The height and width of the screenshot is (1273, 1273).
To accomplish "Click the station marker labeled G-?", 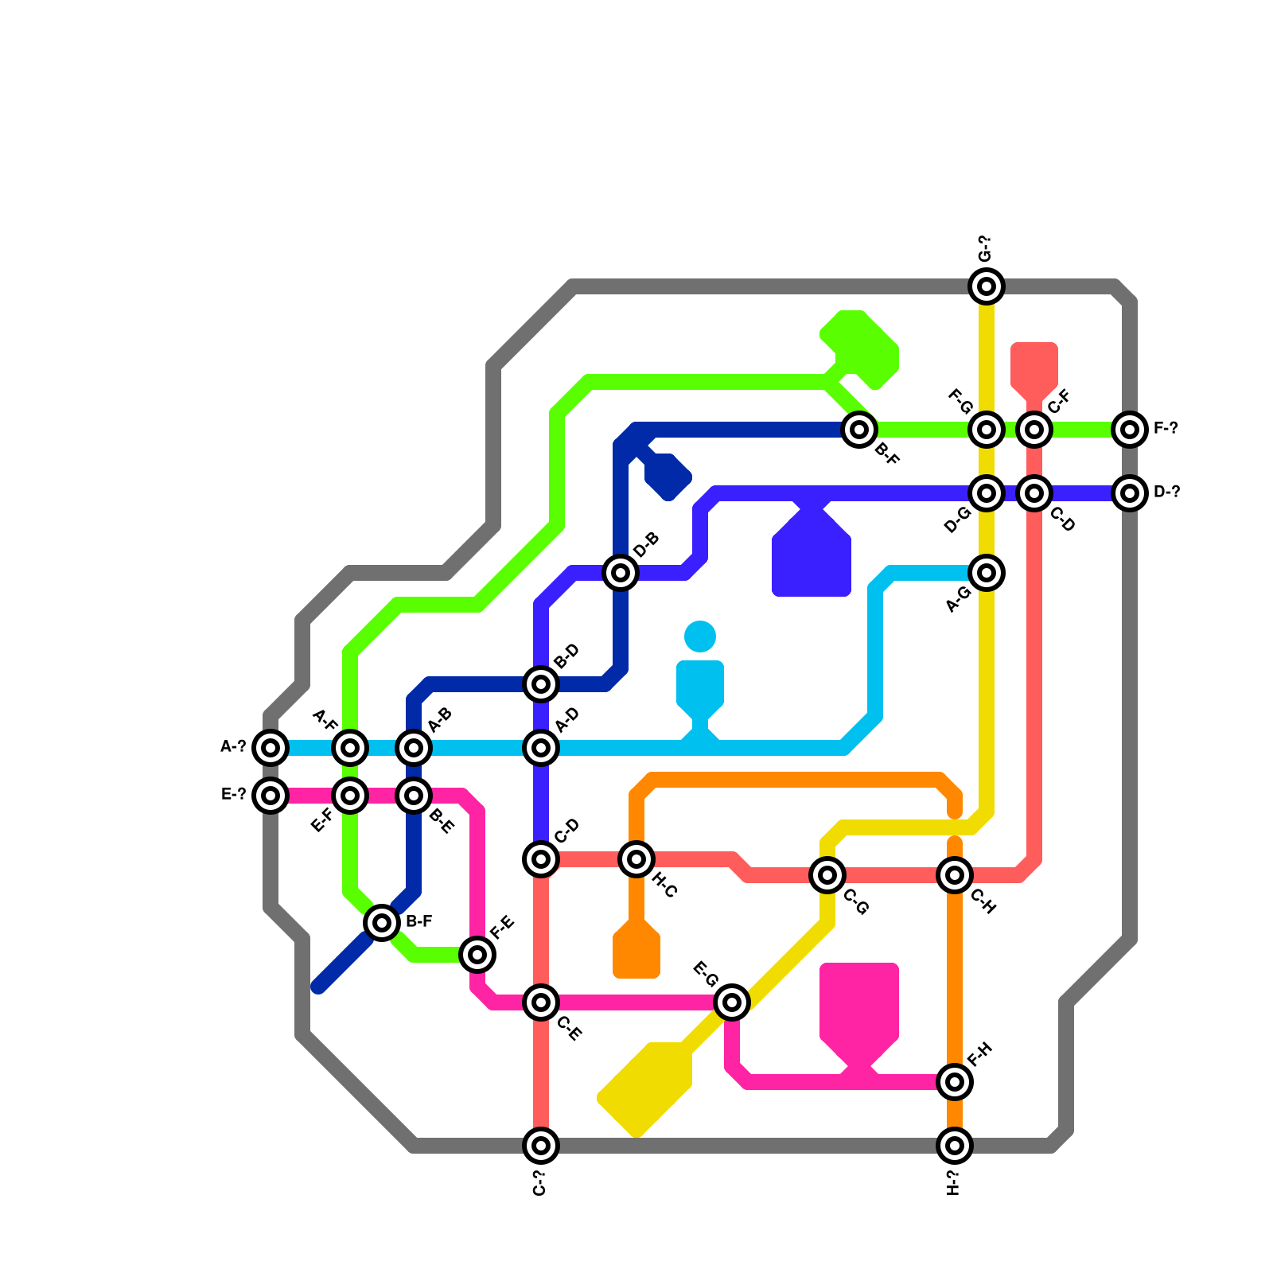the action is tap(987, 286).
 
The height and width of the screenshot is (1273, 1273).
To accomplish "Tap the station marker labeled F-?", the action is tap(1130, 430).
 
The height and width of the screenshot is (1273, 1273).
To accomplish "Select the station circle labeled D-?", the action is tap(1130, 493).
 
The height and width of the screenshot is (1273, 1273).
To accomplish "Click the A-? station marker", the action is tap(271, 748).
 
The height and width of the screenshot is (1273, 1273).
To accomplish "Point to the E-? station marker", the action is tap(271, 796).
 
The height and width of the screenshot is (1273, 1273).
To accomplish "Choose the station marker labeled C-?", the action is tap(541, 1146).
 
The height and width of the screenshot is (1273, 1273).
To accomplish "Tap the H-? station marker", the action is tap(955, 1146).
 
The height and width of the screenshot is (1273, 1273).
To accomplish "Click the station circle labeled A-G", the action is tap(987, 573).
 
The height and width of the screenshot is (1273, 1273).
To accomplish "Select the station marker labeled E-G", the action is tap(732, 1002).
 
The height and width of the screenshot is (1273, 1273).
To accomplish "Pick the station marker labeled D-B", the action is tap(621, 573).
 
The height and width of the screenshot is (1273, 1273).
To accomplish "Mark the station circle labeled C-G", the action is tap(827, 875).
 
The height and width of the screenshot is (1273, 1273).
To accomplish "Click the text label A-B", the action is tap(440, 720).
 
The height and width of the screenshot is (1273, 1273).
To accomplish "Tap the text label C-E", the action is tap(570, 1029).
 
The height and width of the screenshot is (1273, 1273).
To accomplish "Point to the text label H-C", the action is tap(664, 886).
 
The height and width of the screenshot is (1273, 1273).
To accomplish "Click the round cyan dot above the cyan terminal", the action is tap(700, 636).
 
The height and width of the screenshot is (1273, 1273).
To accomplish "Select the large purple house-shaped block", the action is tap(812, 557).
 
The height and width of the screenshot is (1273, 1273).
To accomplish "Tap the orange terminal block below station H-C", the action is tap(636, 951).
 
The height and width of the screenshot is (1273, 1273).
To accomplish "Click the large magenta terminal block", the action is tap(859, 1006).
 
